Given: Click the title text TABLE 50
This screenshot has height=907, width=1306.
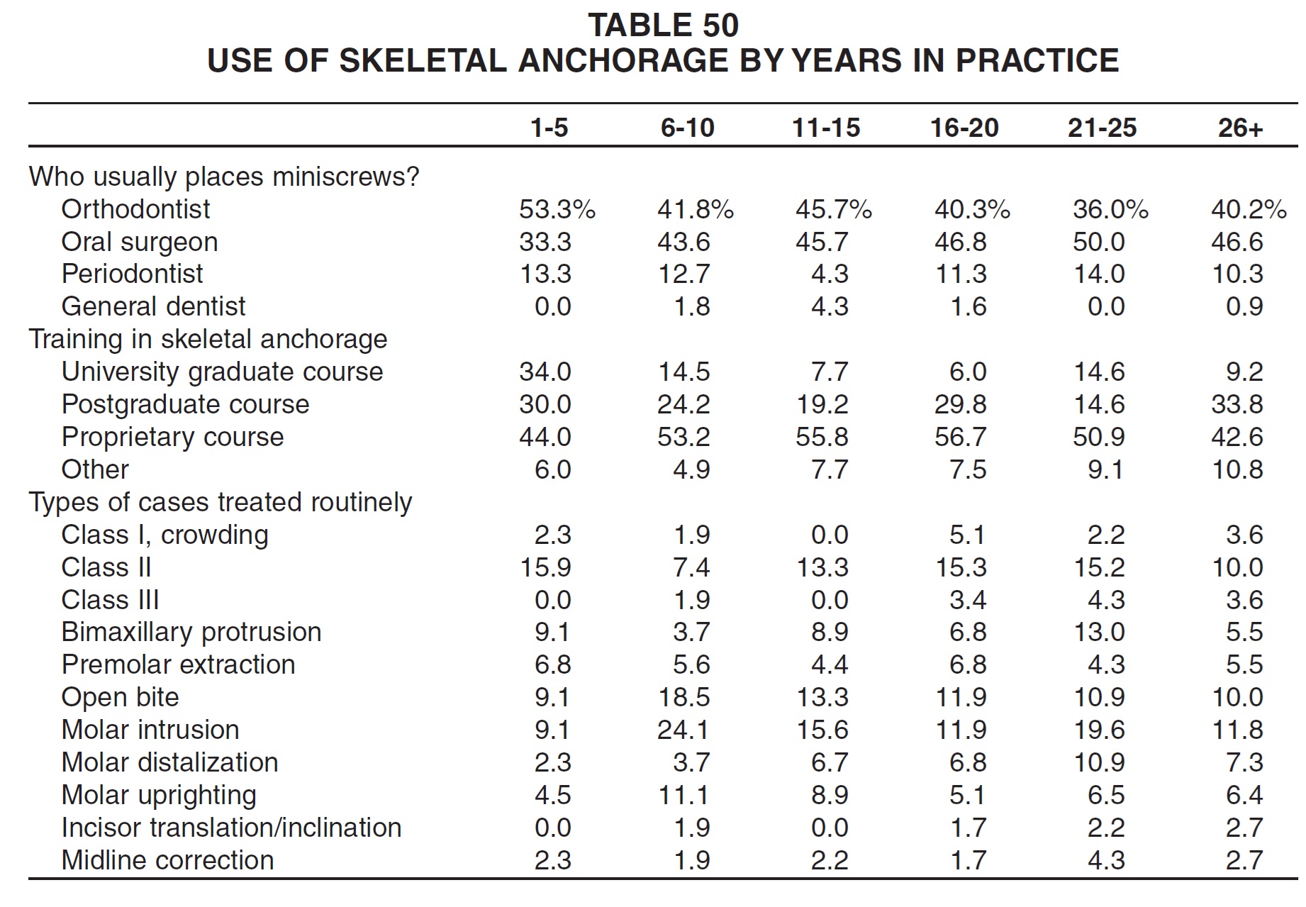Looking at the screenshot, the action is point(664,26).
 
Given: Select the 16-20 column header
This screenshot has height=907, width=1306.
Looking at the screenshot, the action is point(964,128).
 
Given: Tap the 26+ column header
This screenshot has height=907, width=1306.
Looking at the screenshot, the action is point(1241,128).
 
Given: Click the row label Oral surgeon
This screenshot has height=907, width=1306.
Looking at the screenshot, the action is point(140,243).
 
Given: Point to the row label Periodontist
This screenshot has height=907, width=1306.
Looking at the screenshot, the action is point(133,274).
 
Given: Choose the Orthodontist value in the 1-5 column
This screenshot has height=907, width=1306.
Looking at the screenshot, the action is point(557,209).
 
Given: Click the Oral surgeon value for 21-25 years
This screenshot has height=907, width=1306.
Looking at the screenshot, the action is point(1098,242).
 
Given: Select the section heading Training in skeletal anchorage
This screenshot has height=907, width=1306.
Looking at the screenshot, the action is point(208,340).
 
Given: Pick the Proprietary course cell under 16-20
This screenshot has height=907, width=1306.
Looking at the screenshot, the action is point(960,437).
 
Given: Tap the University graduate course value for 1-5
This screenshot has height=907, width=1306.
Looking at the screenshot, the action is point(545,372).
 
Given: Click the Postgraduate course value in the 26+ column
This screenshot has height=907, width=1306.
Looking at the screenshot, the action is point(1237,404).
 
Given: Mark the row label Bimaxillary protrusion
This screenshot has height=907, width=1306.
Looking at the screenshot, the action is point(191,632).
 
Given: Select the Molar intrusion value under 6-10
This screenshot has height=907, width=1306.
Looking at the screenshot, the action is point(683,730).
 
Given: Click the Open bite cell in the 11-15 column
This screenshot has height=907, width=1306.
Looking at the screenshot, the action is point(822,697).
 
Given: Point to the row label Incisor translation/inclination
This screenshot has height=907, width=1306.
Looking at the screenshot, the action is point(232,828).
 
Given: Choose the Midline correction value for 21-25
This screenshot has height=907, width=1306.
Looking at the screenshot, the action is point(1106,860).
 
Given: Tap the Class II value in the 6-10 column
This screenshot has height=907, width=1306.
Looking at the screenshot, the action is point(691,567).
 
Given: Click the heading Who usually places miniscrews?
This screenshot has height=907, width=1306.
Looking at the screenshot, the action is point(225,177).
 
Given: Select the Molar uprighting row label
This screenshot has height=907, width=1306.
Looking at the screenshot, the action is point(159,796).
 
